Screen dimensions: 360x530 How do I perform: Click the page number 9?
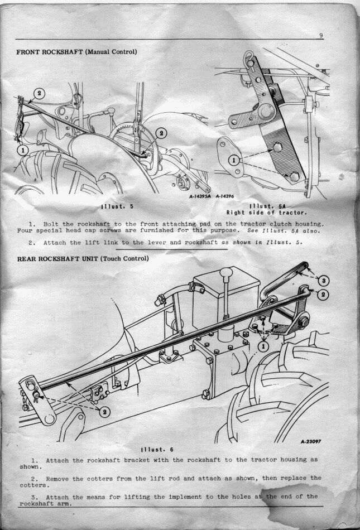320,36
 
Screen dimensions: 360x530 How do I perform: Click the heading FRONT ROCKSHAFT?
49,52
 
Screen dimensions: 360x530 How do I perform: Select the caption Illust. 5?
118,206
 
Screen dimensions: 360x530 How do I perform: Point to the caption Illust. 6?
157,450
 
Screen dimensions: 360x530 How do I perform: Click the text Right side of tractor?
267,213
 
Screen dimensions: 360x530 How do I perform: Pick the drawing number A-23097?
311,441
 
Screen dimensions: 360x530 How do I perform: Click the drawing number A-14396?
224,196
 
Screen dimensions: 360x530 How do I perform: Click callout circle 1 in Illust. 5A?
234,160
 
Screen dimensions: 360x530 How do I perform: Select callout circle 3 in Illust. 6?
324,281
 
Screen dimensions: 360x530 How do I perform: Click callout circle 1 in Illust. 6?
263,346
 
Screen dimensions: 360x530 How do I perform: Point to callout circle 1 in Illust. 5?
23,149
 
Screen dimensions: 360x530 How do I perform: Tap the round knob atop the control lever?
225,272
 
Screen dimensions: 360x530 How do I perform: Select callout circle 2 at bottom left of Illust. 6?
104,412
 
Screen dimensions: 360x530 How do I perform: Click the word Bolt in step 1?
51,224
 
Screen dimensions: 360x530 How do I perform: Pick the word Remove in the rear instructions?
57,479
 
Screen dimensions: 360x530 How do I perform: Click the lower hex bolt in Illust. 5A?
293,176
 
